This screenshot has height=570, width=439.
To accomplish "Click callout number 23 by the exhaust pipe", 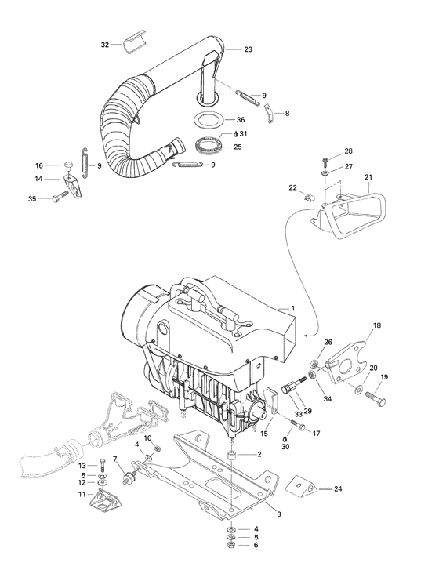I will pos(249,49).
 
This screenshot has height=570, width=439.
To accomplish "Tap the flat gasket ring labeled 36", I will pos(208,120).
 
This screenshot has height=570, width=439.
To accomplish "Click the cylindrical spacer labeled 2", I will pos(232,455).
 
